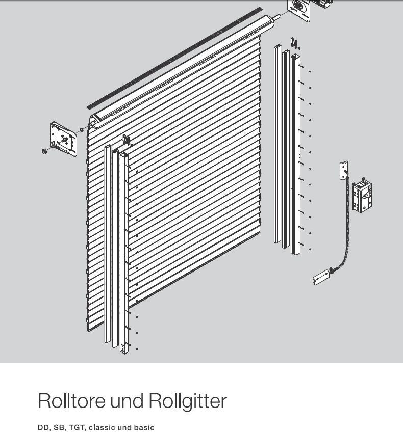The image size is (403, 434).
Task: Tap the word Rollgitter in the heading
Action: click(187, 401)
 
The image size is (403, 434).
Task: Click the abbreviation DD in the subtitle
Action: click(43, 427)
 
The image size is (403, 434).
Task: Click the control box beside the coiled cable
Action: click(362, 196)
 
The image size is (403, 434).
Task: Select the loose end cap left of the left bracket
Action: click(45, 151)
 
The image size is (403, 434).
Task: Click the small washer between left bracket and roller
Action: click(81, 130)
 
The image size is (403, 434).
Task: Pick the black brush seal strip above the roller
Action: click(173, 57)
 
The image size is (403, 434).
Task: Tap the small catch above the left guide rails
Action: click(125, 139)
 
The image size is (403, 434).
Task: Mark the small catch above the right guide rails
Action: click(294, 43)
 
